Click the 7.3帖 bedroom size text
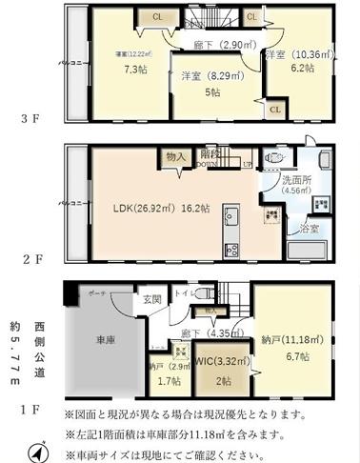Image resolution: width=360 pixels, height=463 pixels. click(x=117, y=70)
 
